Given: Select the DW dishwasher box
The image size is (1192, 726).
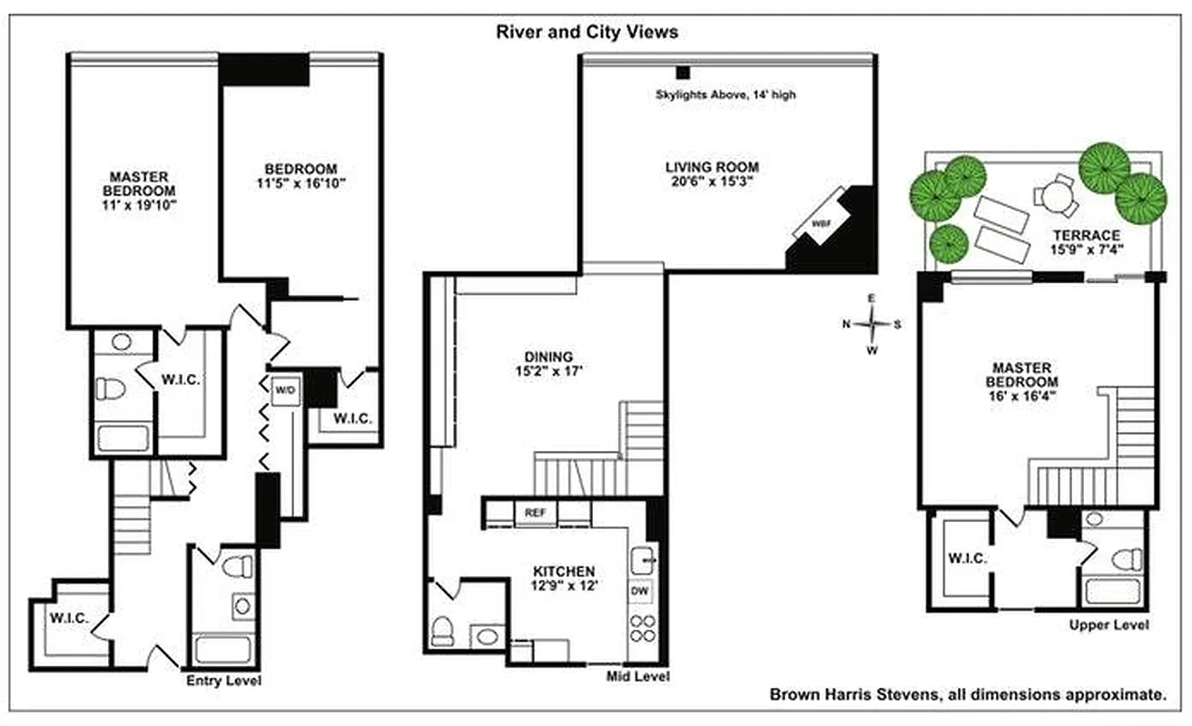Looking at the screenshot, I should click(640, 590).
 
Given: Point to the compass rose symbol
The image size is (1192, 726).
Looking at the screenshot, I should click(872, 323).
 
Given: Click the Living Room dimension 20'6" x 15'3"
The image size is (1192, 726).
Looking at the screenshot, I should click(712, 181).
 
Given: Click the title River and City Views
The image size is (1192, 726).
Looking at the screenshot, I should click(586, 32).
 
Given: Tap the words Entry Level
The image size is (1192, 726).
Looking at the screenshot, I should click(223, 680).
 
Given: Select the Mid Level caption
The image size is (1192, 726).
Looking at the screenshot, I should click(638, 676).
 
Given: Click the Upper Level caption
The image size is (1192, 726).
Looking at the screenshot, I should click(1108, 624).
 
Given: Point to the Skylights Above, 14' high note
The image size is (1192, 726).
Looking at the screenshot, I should click(726, 94).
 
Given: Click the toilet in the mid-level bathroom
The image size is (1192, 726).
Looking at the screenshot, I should click(443, 629).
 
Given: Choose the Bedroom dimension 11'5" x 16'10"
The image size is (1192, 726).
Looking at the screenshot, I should click(301, 183).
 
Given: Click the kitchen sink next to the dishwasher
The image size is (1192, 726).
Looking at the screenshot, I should click(642, 556).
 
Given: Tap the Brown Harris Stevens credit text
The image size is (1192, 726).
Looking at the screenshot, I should click(968, 695).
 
